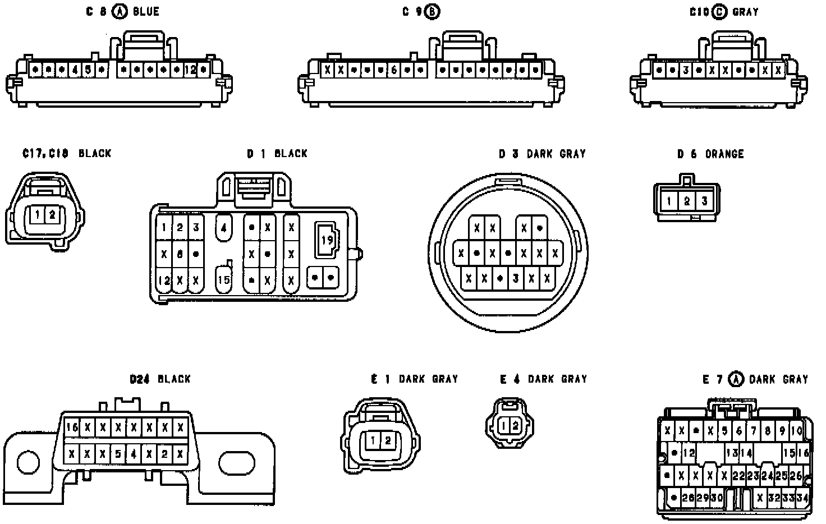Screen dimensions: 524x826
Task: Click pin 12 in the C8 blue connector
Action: click(x=191, y=70)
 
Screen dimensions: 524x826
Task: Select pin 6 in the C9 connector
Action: click(x=394, y=71)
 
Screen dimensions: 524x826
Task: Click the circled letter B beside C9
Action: click(x=432, y=12)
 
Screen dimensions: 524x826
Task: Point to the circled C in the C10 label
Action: click(x=719, y=12)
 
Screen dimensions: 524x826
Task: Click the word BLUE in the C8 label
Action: click(x=146, y=12)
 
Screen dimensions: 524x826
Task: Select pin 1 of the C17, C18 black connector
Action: click(x=36, y=214)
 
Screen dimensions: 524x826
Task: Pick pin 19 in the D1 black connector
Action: click(x=327, y=240)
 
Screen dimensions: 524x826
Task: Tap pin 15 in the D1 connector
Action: click(x=223, y=279)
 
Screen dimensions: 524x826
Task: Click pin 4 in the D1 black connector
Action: click(x=223, y=228)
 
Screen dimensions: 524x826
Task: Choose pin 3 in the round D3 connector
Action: click(x=515, y=278)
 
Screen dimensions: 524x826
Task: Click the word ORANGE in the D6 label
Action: click(x=724, y=154)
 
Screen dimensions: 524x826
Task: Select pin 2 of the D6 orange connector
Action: click(x=687, y=201)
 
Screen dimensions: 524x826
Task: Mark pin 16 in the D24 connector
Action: click(x=72, y=428)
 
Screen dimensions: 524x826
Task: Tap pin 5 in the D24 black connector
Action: click(x=118, y=453)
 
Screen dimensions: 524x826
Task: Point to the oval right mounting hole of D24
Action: click(x=237, y=463)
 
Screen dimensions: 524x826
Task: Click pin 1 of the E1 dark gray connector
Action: click(x=373, y=441)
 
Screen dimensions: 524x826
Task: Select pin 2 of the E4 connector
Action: click(x=515, y=426)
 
